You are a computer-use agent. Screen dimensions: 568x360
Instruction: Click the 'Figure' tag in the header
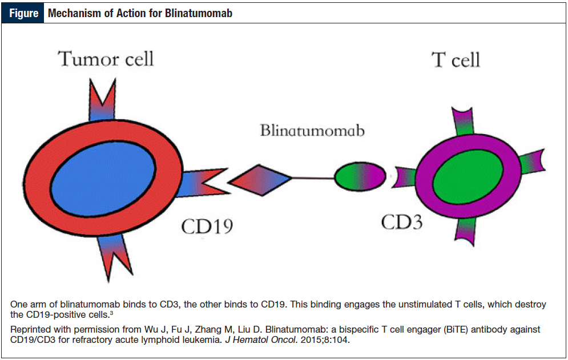(23, 13)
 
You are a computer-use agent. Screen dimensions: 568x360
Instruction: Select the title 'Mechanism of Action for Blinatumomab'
(140, 13)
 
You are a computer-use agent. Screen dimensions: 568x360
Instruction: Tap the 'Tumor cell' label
(106, 59)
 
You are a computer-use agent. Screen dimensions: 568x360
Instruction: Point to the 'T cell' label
(456, 60)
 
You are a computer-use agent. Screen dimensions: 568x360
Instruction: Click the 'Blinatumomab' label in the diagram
(312, 131)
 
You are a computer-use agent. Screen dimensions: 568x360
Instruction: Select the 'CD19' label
(207, 226)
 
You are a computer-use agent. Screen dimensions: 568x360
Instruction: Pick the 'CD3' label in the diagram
(402, 222)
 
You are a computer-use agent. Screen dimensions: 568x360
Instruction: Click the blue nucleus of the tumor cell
(103, 178)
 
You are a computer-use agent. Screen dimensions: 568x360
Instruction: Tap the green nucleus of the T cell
(468, 177)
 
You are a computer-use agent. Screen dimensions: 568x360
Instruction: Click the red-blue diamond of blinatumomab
(260, 180)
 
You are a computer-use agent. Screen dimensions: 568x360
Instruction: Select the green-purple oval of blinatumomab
(360, 176)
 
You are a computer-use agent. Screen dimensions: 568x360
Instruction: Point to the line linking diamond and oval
(313, 178)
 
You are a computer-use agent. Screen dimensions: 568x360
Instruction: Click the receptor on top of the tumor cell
(103, 100)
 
